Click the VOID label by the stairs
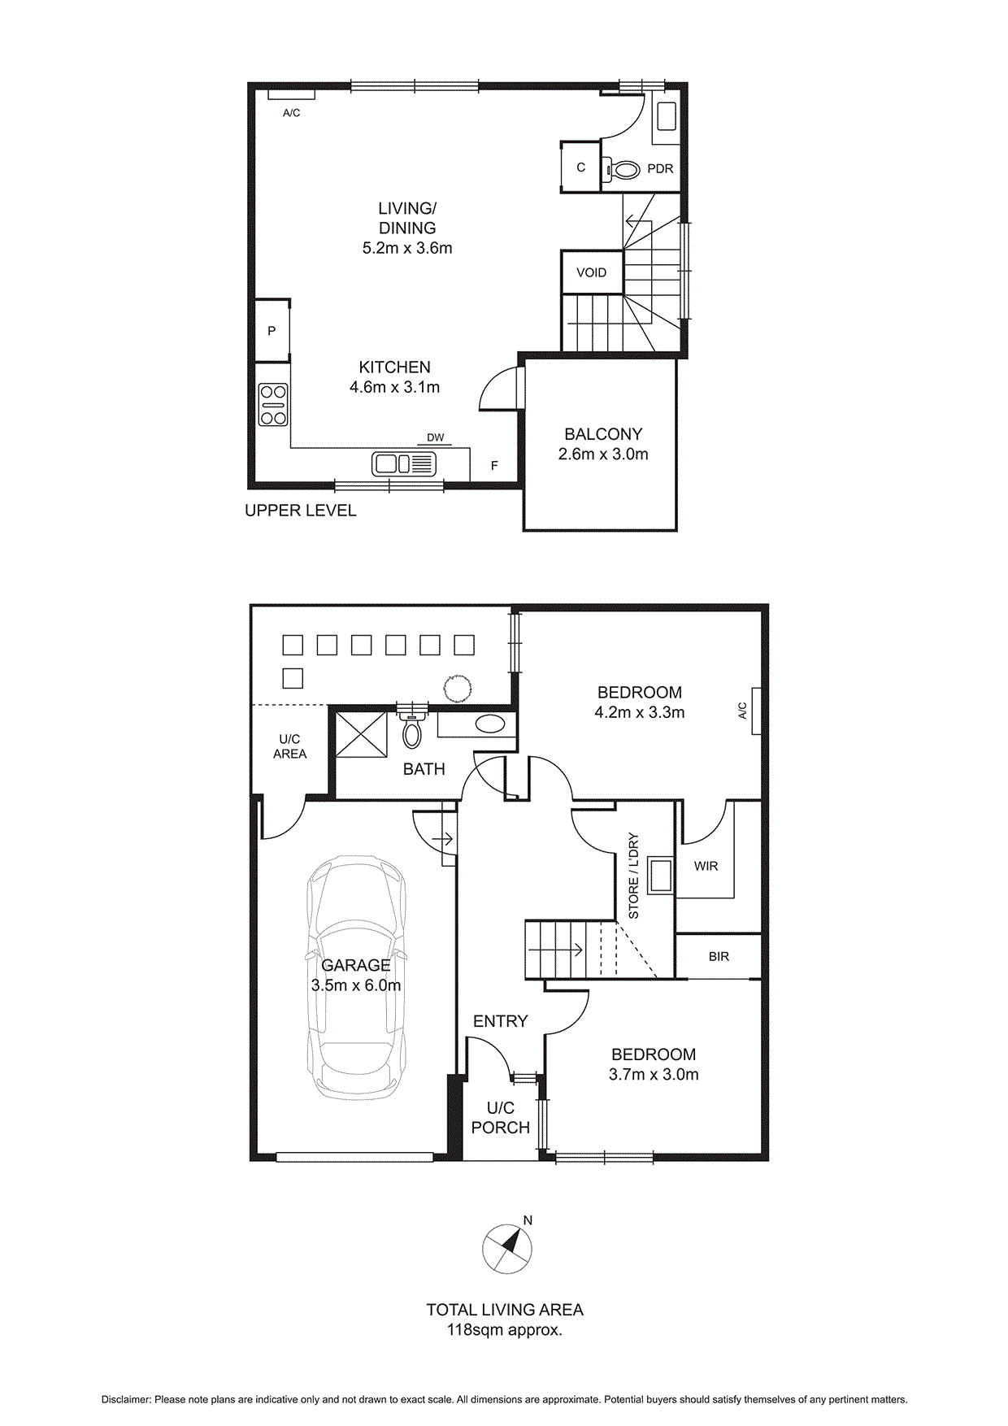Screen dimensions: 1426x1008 click(591, 272)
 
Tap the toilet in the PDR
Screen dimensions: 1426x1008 click(623, 170)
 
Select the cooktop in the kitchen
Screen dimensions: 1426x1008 click(273, 405)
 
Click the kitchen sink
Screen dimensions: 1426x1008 click(404, 464)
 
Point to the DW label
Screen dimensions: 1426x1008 click(436, 437)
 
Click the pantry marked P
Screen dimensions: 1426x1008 click(272, 331)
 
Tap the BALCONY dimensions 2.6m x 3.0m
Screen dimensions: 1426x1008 click(603, 454)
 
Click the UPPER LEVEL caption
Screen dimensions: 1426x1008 click(301, 511)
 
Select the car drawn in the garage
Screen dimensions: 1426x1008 click(356, 976)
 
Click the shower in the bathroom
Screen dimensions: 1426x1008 click(362, 734)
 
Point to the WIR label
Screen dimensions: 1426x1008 click(706, 866)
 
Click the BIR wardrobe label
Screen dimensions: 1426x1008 click(719, 956)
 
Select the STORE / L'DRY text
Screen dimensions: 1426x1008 click(634, 876)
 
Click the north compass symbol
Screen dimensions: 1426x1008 click(507, 1248)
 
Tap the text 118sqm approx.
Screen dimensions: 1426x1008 click(504, 1331)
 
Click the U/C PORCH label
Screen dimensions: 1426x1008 click(500, 1118)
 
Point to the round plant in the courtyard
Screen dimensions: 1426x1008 click(458, 688)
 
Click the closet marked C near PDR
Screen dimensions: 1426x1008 click(580, 167)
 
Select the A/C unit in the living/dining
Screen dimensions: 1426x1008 click(291, 95)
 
